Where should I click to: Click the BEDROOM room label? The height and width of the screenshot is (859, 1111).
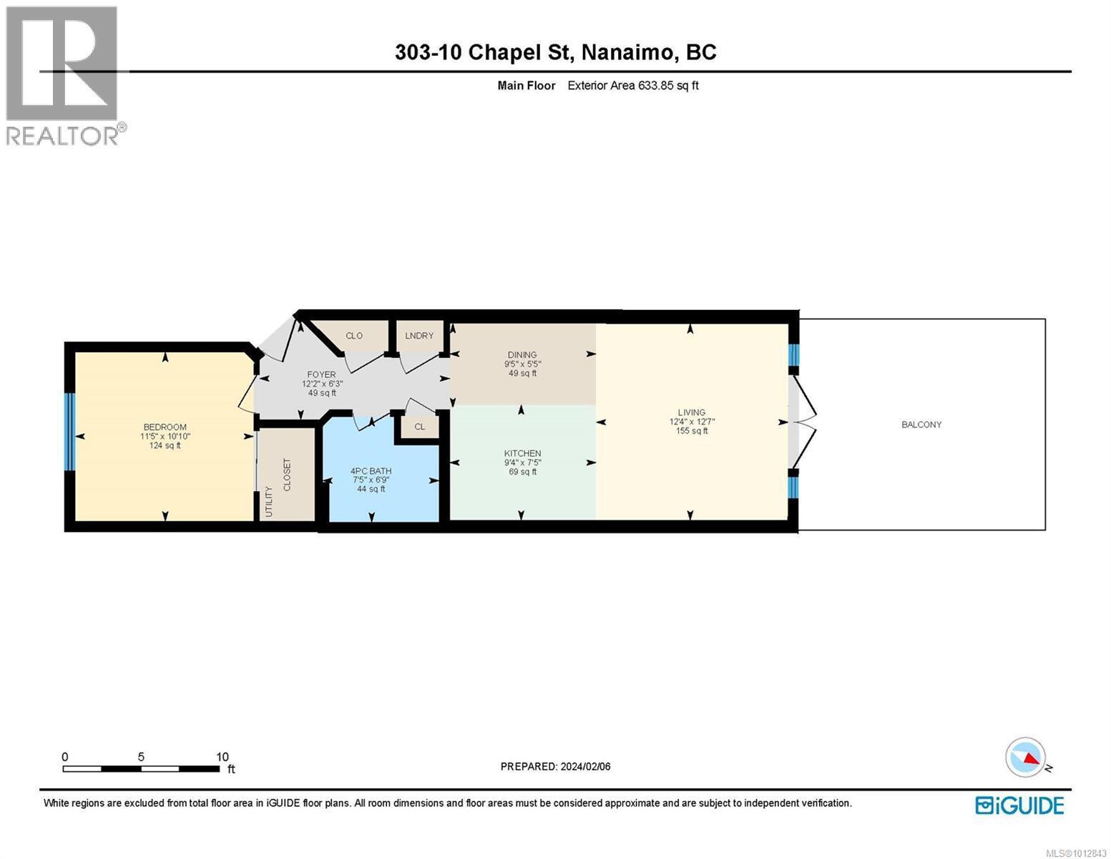[165, 427]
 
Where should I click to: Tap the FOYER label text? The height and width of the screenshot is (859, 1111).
[321, 374]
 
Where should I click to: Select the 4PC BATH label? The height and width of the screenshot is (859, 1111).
[371, 471]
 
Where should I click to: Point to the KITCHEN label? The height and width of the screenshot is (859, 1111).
[522, 453]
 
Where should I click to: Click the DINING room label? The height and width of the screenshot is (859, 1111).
[522, 354]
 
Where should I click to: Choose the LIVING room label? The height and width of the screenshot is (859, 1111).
[691, 412]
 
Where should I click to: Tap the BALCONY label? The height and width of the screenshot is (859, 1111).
[921, 424]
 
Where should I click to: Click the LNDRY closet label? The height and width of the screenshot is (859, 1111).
[419, 336]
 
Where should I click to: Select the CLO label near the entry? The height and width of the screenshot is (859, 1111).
[354, 336]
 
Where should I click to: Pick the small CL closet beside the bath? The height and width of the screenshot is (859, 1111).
[420, 427]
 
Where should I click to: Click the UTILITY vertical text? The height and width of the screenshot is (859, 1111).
[269, 501]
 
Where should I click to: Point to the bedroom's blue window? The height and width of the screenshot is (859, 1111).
[69, 432]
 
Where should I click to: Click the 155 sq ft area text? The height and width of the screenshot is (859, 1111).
[691, 431]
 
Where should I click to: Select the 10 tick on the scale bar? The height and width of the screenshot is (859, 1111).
[222, 757]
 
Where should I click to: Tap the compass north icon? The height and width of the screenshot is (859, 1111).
[1026, 757]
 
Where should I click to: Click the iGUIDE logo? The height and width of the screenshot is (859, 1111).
[1019, 805]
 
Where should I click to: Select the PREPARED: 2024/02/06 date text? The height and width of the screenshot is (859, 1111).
[555, 767]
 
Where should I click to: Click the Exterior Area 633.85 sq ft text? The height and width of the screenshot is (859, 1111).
[632, 85]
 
